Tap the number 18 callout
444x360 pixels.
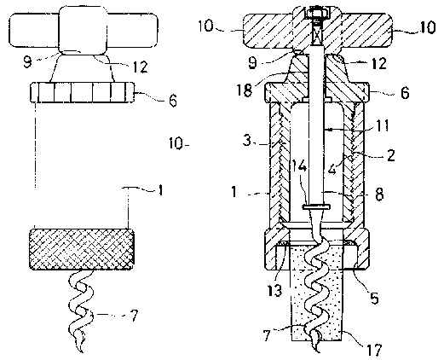(x=244, y=90)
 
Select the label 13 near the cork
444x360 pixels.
(x=274, y=290)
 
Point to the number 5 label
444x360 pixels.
(x=374, y=298)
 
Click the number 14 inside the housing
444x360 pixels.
(x=299, y=166)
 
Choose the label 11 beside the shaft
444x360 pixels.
(x=383, y=125)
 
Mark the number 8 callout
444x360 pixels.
(x=379, y=195)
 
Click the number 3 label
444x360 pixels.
(x=247, y=141)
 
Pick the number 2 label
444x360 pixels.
(x=391, y=155)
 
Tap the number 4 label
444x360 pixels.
(x=332, y=170)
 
